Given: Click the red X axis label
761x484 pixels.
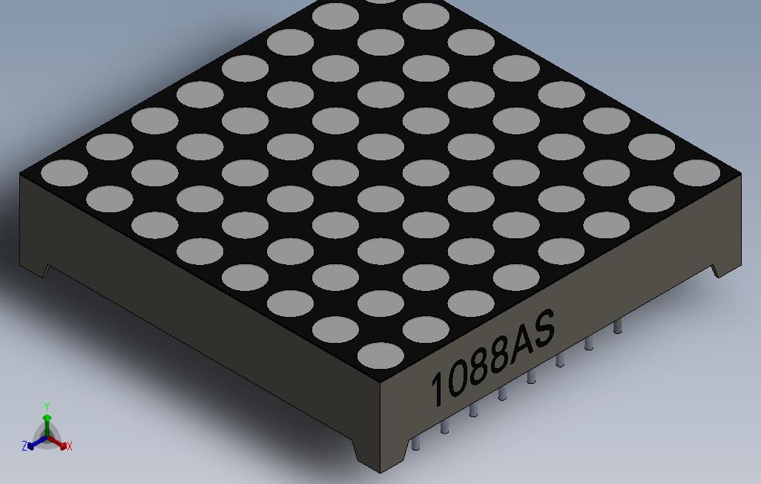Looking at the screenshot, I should [x=69, y=446].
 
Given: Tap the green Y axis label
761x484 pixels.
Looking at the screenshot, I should [x=46, y=407].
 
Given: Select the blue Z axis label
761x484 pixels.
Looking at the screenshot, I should [x=24, y=446].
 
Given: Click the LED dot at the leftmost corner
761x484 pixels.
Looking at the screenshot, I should [x=65, y=173].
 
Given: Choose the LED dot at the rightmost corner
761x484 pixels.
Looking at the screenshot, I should [x=697, y=173].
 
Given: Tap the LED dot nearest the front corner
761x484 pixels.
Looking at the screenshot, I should [x=380, y=356].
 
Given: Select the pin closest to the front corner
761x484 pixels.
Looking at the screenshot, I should [x=415, y=442].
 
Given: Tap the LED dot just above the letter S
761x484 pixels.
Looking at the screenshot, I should [x=516, y=277].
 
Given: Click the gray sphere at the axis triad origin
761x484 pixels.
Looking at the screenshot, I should [x=47, y=436].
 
